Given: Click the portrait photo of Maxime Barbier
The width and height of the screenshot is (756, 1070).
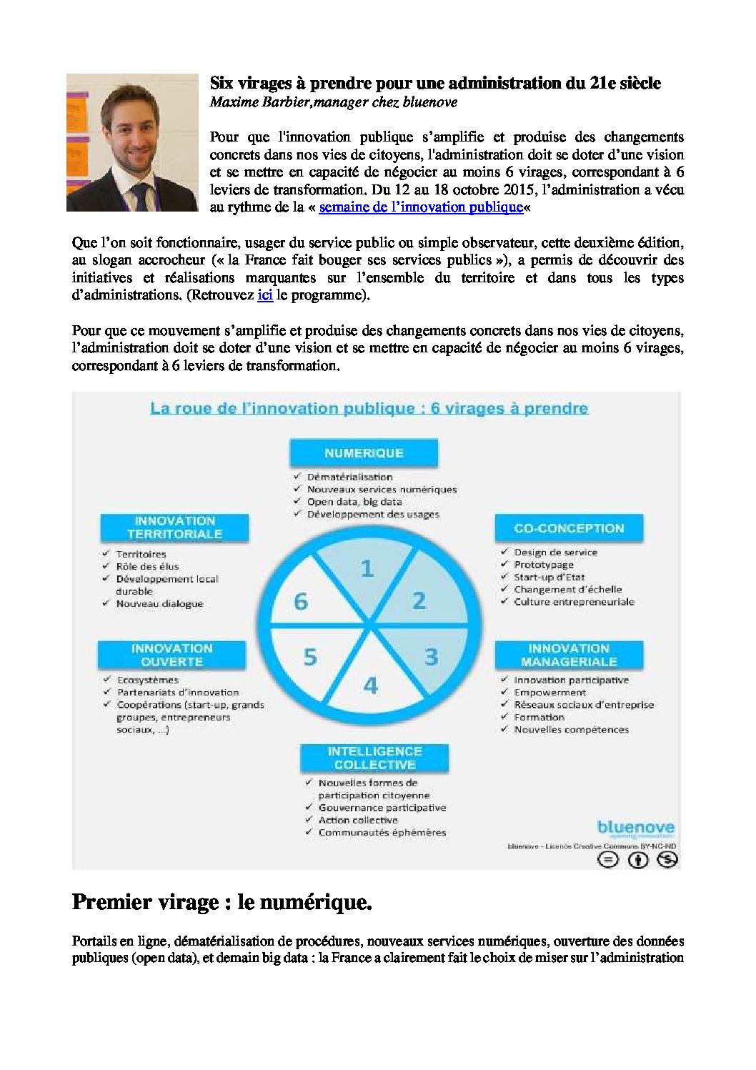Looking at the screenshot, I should click(132, 142).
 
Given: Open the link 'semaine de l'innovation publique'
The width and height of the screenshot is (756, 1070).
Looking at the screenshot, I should click(421, 207).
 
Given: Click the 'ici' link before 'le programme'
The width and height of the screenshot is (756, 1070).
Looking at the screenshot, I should click(265, 294).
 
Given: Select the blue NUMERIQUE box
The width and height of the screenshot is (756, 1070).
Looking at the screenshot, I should click(364, 453).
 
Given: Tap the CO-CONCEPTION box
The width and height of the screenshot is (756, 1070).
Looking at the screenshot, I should click(569, 528).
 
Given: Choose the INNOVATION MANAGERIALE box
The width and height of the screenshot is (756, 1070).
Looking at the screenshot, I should click(569, 655).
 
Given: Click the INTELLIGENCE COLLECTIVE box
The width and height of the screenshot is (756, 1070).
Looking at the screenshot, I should click(375, 758).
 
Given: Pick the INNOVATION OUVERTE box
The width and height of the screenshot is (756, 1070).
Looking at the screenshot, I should click(172, 655).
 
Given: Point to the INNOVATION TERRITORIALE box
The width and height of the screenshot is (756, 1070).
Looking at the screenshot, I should click(174, 527).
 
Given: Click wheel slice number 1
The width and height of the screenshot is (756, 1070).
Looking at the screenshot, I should click(367, 569).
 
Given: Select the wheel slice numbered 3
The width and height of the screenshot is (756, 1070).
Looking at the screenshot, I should click(431, 656).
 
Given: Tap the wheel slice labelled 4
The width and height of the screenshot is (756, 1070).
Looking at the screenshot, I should click(370, 685).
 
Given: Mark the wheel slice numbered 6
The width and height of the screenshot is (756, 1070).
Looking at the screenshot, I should click(301, 602).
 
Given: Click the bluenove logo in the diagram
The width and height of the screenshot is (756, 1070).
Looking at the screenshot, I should click(635, 828).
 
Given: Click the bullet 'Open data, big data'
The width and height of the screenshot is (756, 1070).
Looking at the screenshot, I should click(354, 502).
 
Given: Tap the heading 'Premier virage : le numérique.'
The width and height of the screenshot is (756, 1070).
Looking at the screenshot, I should click(222, 903).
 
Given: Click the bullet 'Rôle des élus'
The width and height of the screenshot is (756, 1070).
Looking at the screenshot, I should click(147, 566).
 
